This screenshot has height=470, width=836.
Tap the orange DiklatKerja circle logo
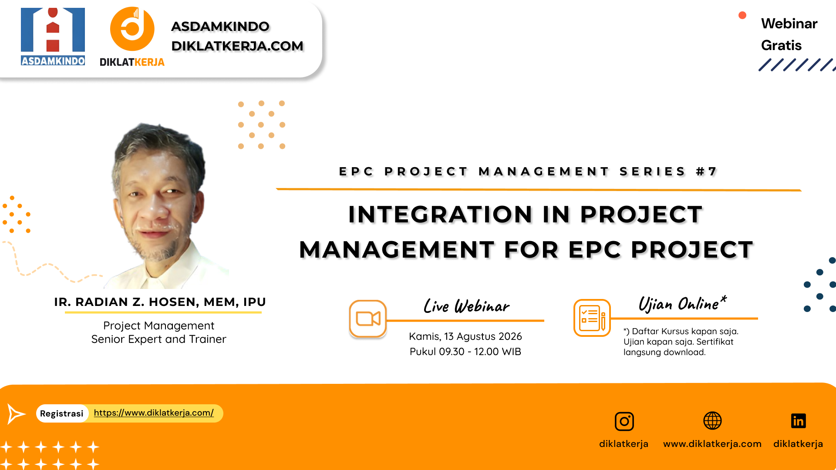[132, 29]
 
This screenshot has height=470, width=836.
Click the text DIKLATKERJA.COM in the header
[237, 46]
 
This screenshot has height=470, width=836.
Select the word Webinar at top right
[789, 23]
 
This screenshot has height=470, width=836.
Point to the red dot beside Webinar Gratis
[742, 16]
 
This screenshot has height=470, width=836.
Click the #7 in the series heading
[706, 171]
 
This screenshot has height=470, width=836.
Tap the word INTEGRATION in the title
[440, 215]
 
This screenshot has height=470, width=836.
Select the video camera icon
[368, 319]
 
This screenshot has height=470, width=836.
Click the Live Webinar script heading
[466, 306]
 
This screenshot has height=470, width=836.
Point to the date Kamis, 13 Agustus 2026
[465, 336]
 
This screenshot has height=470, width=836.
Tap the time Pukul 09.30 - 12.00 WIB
[465, 352]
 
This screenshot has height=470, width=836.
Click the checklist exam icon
[592, 318]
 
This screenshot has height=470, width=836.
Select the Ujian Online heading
[681, 303]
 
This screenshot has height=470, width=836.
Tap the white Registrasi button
[62, 413]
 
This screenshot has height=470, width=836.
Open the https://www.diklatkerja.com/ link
[154, 413]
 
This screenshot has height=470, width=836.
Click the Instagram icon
[624, 421]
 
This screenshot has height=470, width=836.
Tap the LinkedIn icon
[798, 421]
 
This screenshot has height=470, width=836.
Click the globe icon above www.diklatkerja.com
[712, 421]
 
